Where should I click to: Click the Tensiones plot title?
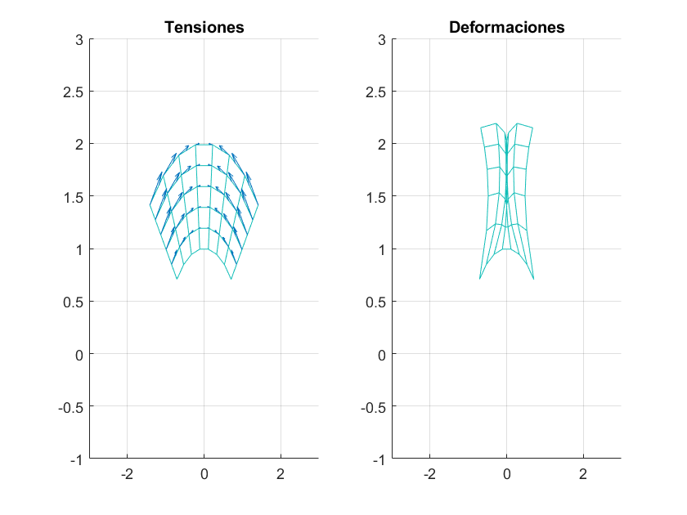[204, 27]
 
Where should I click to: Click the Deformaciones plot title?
[506, 27]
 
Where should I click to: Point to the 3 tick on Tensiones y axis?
[79, 38]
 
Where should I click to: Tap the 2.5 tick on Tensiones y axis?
[74, 92]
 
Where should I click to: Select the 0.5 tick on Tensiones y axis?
[74, 302]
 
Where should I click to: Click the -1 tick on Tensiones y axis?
[77, 459]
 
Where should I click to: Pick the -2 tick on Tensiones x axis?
[127, 474]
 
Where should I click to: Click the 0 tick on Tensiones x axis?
[204, 474]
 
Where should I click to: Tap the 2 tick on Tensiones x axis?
[281, 474]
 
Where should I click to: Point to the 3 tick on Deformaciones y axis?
[382, 38]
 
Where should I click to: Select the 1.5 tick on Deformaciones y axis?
[376, 196]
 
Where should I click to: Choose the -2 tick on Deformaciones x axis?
[429, 474]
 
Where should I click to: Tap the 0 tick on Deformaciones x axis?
[506, 474]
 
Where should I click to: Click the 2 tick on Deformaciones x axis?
[583, 474]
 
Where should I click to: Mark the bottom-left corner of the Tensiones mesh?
[177, 280]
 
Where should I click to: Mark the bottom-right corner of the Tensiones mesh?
[231, 280]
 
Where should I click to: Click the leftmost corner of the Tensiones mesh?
[150, 204]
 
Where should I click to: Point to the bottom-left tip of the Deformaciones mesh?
[479, 280]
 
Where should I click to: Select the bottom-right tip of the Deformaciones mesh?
[534, 280]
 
